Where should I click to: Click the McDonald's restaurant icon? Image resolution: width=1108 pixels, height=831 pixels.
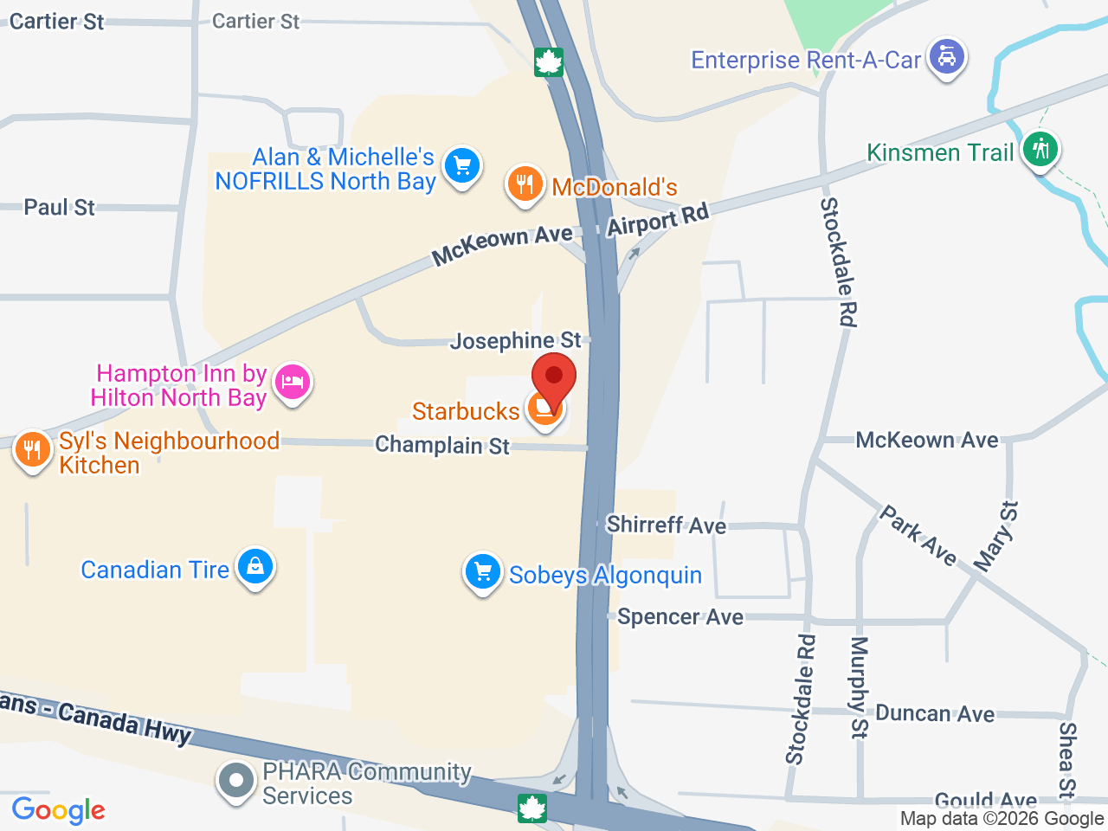pyautogui.click(x=525, y=184)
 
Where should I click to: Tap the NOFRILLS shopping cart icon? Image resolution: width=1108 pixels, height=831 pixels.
pyautogui.click(x=461, y=164)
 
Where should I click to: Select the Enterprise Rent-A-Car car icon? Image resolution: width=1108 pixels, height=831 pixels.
pyautogui.click(x=947, y=56)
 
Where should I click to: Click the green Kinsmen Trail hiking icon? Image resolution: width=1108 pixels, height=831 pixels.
pyautogui.click(x=1040, y=150)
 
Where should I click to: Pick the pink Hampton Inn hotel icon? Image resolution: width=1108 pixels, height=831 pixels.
pyautogui.click(x=293, y=383)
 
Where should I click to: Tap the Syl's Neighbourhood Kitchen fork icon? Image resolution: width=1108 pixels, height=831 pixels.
pyautogui.click(x=32, y=450)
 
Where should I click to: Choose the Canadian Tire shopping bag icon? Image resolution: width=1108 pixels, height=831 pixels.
pyautogui.click(x=254, y=567)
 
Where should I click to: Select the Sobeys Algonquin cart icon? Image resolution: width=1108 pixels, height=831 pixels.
pyautogui.click(x=483, y=572)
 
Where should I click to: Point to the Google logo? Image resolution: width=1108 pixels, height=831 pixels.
pyautogui.click(x=58, y=811)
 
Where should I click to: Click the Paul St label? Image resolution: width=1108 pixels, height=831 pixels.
pyautogui.click(x=59, y=208)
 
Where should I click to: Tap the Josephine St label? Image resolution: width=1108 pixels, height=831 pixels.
pyautogui.click(x=515, y=341)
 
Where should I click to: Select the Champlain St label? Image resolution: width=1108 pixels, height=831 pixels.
pyautogui.click(x=442, y=446)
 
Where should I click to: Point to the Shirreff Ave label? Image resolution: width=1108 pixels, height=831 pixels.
pyautogui.click(x=666, y=525)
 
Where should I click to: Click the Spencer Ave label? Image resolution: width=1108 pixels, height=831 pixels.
pyautogui.click(x=680, y=617)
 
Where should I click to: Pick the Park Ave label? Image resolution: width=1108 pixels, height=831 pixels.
pyautogui.click(x=918, y=536)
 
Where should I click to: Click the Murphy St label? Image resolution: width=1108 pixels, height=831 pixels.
pyautogui.click(x=859, y=687)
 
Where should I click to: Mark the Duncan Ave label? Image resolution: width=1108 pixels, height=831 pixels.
pyautogui.click(x=935, y=714)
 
